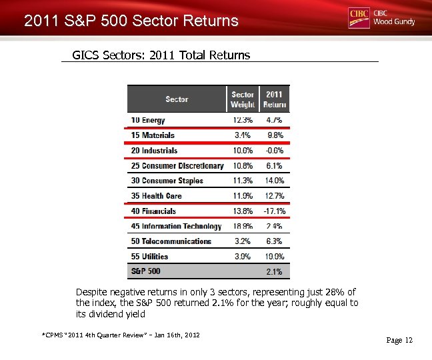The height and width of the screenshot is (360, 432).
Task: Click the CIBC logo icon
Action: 359,17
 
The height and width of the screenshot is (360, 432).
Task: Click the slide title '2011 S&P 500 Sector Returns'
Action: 131,21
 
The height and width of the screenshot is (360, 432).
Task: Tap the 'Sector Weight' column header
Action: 243,99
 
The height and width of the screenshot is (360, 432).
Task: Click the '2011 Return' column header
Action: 274,99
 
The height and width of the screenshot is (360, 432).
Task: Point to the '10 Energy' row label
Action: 148,120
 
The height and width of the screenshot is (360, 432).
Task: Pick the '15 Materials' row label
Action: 153,135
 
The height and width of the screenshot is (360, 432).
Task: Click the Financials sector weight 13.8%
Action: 243,211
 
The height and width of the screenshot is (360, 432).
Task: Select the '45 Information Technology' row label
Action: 176,227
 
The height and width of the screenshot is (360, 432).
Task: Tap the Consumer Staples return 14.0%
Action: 274,181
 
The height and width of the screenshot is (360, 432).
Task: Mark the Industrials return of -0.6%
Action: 274,151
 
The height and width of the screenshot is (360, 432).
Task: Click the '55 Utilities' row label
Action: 149,257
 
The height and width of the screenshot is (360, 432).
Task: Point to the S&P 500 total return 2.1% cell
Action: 274,272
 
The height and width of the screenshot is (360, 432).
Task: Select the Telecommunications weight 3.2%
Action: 243,241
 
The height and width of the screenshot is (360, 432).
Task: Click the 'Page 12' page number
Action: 399,341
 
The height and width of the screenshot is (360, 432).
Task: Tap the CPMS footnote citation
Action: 120,335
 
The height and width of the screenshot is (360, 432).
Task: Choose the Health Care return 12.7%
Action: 274,196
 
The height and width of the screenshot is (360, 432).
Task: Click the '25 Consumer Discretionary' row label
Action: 177,166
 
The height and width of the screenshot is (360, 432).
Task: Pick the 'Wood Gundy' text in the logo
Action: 394,22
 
